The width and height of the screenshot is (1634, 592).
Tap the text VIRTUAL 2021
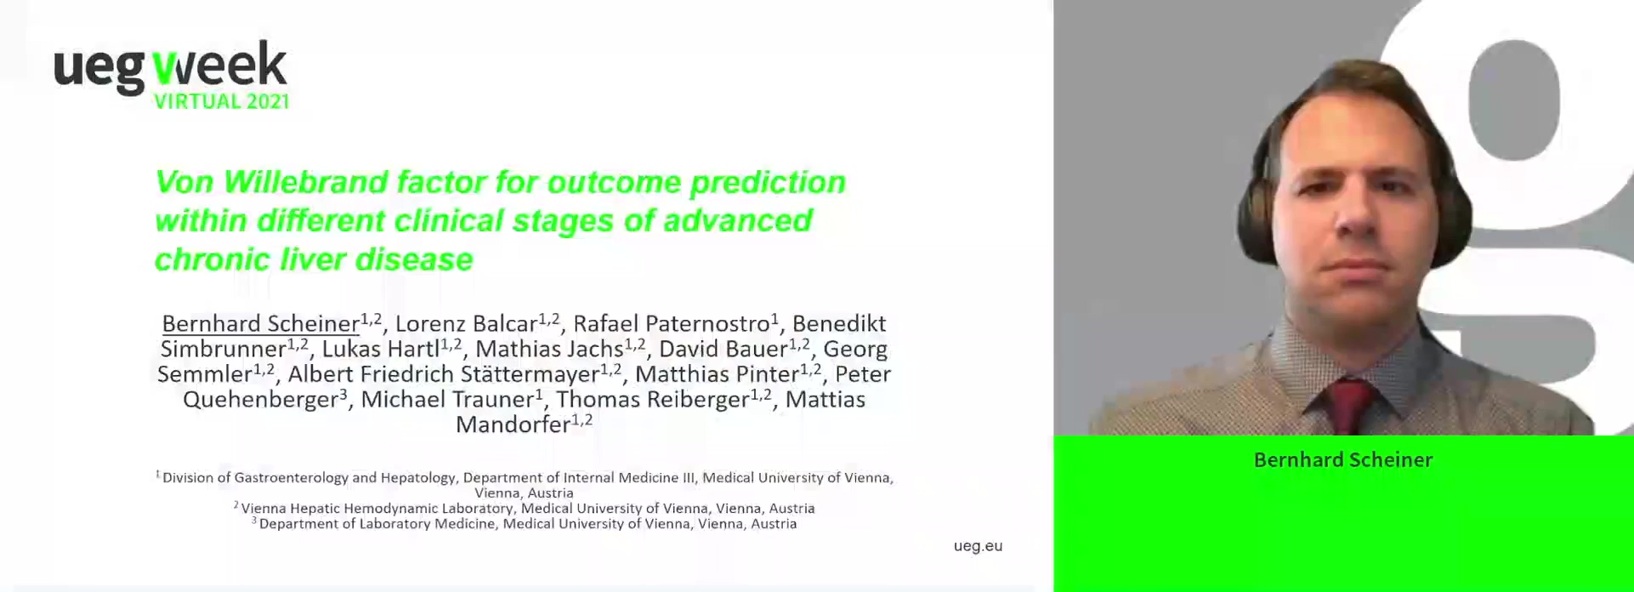222,101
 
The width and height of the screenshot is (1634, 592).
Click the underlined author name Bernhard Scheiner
260,324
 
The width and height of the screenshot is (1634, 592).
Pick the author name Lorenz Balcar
466,324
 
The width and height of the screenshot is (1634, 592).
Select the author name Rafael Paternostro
672,324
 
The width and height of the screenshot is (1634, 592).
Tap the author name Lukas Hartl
381,349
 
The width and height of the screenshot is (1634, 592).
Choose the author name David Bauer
723,349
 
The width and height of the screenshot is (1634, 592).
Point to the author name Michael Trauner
448,399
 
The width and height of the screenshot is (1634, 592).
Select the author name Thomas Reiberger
653,401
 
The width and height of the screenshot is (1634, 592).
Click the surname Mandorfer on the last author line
513,424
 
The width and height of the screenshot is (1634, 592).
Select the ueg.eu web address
978,546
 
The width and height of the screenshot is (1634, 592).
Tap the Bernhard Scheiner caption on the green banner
1343,460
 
